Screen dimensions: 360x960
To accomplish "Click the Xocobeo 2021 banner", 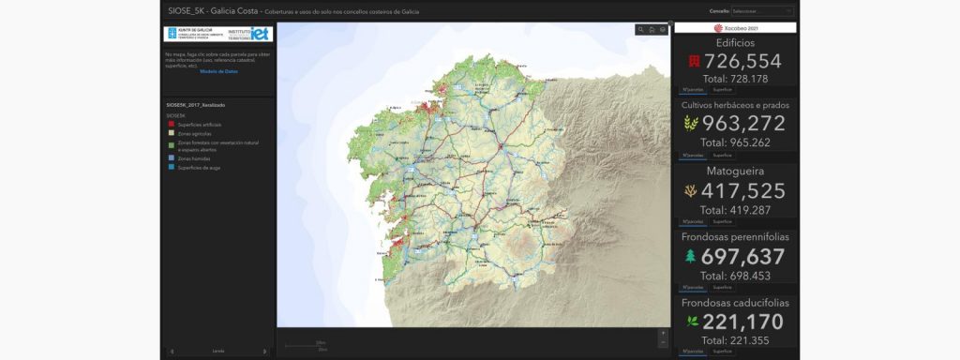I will (735, 28).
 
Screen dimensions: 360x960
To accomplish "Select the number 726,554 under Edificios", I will (742, 61).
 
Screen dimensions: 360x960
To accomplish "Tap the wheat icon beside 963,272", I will (691, 124).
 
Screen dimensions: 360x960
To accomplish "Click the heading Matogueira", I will (735, 171).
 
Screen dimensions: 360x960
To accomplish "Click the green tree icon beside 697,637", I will (691, 256).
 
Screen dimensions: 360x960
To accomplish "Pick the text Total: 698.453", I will (735, 276).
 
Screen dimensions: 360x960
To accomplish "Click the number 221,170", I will (742, 322).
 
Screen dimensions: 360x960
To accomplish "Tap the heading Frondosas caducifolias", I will (735, 303).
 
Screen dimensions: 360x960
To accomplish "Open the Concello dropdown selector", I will (762, 11).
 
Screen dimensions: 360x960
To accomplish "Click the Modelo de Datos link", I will (218, 71).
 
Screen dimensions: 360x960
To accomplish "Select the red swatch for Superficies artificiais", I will (171, 123).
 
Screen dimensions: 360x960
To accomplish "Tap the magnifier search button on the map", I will (640, 30).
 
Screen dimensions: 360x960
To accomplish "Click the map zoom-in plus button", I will (663, 333).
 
